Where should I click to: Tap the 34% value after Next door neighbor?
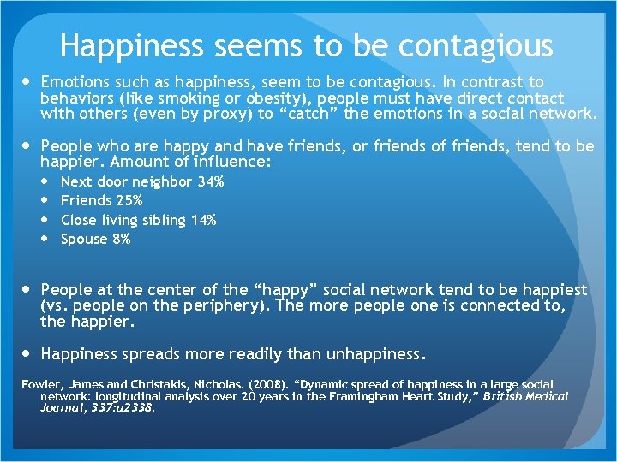(x=211, y=181)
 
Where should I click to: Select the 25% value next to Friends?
(x=129, y=200)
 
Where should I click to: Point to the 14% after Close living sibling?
(x=203, y=220)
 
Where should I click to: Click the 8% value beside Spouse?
(x=121, y=239)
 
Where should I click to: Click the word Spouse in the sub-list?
(x=84, y=239)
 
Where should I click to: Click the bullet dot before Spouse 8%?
(x=48, y=239)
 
